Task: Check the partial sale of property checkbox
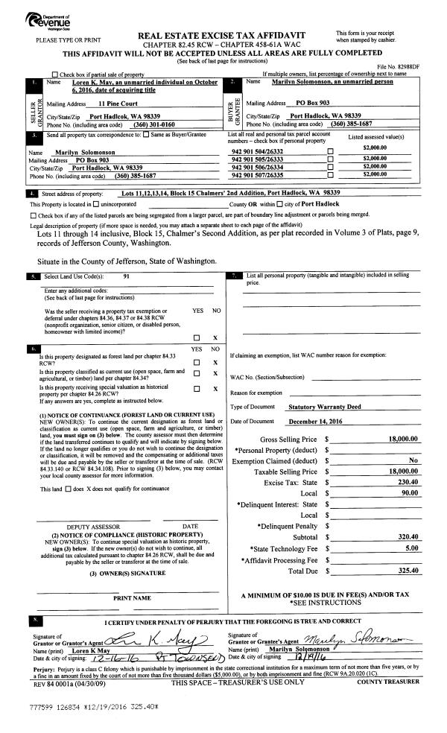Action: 55,74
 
